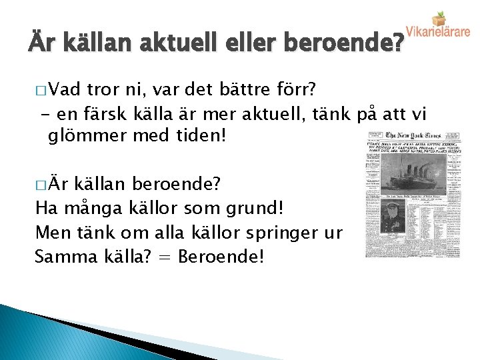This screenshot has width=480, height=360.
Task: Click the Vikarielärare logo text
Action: click(x=438, y=31)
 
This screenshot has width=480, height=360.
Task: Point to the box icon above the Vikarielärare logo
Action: click(x=439, y=17)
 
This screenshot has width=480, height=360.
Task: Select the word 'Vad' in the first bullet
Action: click(x=64, y=90)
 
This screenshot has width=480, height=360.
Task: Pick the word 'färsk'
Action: click(x=101, y=113)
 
